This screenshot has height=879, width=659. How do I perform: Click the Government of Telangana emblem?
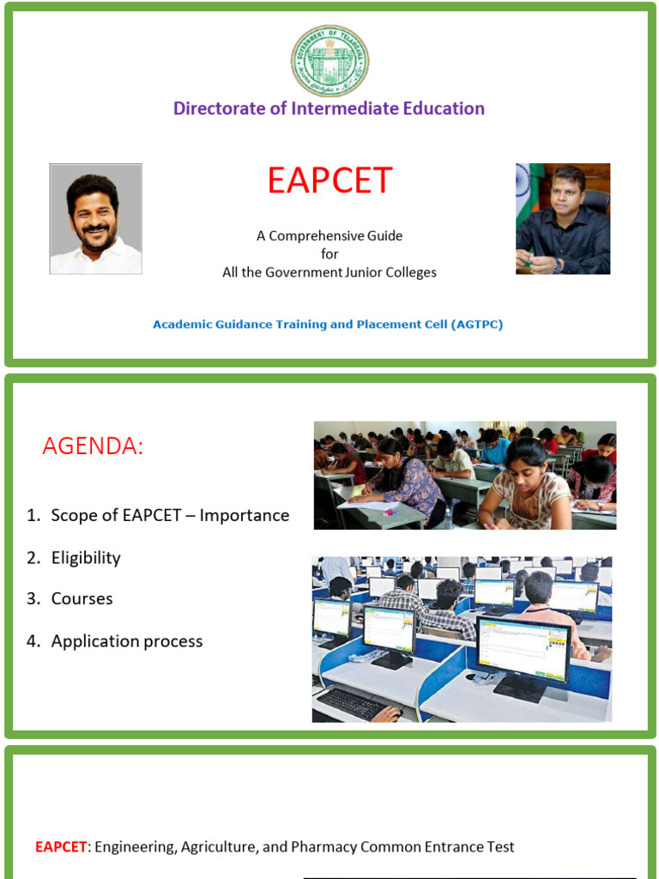click(329, 60)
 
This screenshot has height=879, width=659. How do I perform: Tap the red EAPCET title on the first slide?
click(329, 181)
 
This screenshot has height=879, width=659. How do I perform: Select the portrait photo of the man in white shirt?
click(95, 219)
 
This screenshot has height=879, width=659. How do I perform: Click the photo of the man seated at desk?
click(563, 219)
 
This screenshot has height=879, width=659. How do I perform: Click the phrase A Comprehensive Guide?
click(329, 235)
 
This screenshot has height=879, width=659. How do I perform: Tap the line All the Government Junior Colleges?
click(329, 272)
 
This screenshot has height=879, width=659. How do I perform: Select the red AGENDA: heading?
click(93, 446)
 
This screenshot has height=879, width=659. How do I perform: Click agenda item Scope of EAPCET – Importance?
click(170, 516)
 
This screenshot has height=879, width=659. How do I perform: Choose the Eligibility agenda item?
click(86, 558)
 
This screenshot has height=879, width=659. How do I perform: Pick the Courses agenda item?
click(82, 599)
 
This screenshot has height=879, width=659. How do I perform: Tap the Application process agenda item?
click(127, 641)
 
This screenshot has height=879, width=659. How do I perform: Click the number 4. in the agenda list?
click(33, 641)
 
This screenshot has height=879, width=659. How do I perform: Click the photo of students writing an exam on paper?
click(464, 475)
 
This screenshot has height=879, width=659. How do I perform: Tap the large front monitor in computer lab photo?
click(523, 648)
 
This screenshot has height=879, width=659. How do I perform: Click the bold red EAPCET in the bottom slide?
click(61, 847)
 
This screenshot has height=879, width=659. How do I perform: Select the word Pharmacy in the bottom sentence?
click(323, 847)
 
